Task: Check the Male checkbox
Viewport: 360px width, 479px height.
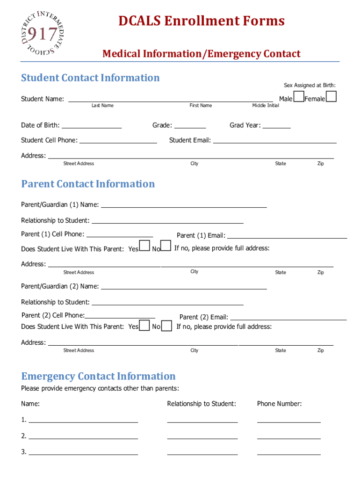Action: pyautogui.click(x=298, y=97)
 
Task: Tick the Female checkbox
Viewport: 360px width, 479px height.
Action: pyautogui.click(x=331, y=96)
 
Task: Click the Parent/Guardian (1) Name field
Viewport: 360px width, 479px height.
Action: pyautogui.click(x=184, y=205)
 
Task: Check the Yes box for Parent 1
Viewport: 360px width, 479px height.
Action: pyautogui.click(x=145, y=246)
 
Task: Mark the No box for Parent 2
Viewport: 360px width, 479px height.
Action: pyautogui.click(x=166, y=326)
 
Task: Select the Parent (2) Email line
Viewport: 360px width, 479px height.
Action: pyautogui.click(x=288, y=318)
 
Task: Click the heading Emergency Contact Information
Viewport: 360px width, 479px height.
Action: pyautogui.click(x=98, y=376)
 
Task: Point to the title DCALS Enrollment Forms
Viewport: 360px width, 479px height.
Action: pyautogui.click(x=202, y=21)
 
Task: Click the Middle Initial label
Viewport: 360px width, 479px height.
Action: pyautogui.click(x=266, y=105)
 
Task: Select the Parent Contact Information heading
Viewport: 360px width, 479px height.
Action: pyautogui.click(x=88, y=184)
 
